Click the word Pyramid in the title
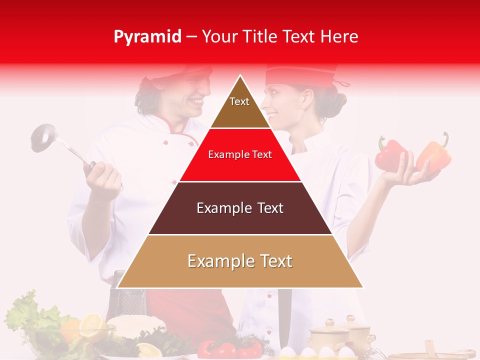(147, 37)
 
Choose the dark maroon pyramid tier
(240, 208)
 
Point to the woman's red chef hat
(300, 75)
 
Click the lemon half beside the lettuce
(93, 326)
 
